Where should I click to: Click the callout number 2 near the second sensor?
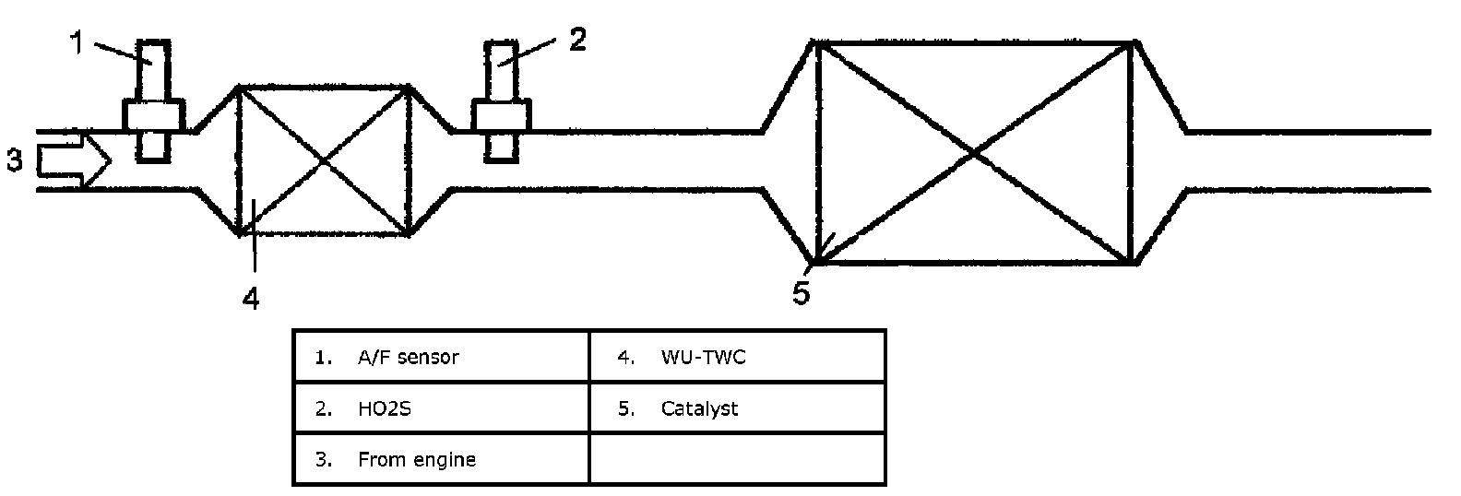click(x=576, y=41)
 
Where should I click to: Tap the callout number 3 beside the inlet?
click(x=14, y=160)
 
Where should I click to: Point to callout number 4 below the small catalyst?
click(x=251, y=297)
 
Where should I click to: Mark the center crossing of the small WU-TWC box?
click(x=323, y=160)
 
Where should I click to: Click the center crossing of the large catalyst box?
click(x=975, y=152)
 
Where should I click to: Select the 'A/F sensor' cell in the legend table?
click(x=441, y=356)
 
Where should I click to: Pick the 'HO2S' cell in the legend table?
click(x=441, y=407)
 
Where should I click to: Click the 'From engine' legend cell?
click(x=441, y=458)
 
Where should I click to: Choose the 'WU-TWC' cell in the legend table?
click(x=737, y=356)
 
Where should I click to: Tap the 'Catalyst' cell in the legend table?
click(x=737, y=407)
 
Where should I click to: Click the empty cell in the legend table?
click(x=737, y=458)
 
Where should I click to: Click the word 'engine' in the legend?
click(x=445, y=459)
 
